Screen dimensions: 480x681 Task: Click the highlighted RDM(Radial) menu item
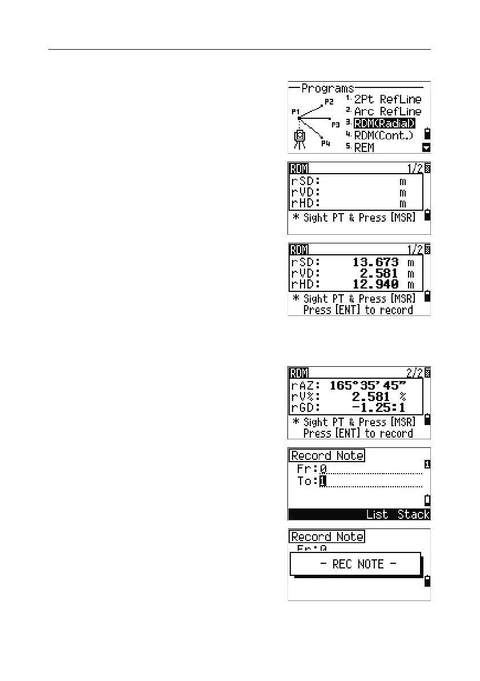pos(384,123)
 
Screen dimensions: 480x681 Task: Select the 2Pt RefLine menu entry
pos(387,99)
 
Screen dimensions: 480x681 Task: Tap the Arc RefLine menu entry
pos(387,111)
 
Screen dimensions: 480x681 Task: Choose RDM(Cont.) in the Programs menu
pos(384,135)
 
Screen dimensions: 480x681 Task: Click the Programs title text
pos(327,89)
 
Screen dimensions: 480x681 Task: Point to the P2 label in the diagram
pos(329,102)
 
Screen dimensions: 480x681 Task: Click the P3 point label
pos(335,123)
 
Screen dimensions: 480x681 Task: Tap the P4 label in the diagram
pos(325,143)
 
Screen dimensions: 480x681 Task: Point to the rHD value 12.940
pos(375,285)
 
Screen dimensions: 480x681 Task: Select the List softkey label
pos(377,514)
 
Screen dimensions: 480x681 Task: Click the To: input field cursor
pos(323,481)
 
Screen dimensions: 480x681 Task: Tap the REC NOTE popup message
pos(355,564)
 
